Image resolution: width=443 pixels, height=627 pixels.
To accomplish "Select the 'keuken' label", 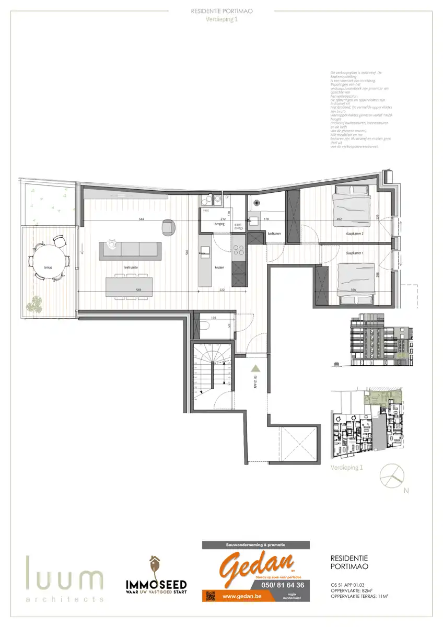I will (x=219, y=267).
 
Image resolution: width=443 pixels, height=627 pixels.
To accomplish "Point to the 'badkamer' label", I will (x=274, y=234).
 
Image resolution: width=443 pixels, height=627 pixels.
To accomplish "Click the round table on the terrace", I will (x=49, y=259).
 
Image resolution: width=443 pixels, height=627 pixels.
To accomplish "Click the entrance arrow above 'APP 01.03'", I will (x=255, y=368).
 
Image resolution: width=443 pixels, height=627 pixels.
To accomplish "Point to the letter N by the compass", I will (x=405, y=491).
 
